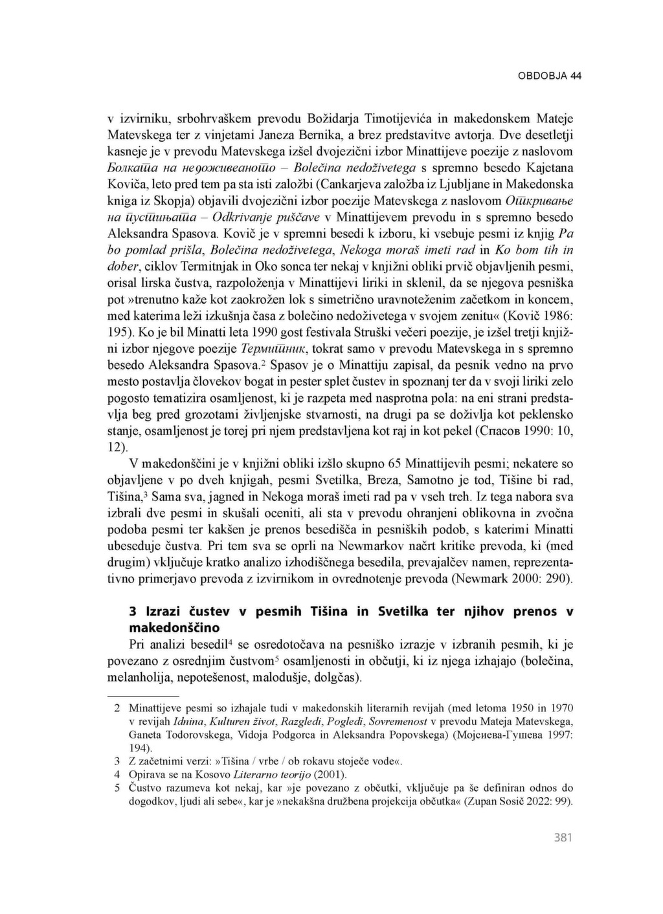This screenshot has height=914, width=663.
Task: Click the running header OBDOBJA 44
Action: pos(550,76)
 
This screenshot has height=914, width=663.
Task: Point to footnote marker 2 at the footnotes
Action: pos(117,708)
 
